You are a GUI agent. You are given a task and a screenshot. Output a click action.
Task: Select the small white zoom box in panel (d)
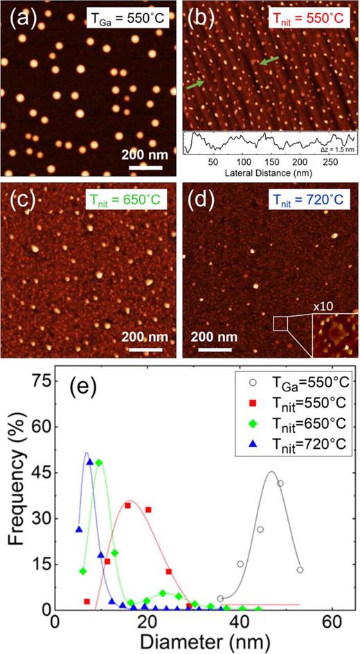tap(280, 324)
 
